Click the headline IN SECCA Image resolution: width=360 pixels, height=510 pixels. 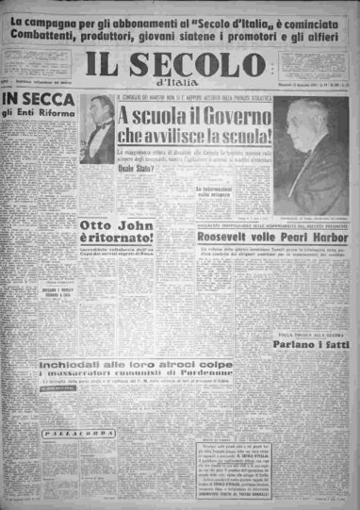(x=38, y=98)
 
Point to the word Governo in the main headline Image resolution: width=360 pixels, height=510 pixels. (x=216, y=115)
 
